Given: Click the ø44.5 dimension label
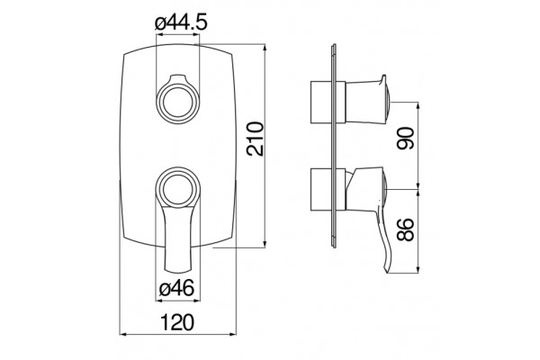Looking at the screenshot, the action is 181,23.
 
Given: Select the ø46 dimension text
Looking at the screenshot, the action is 176,288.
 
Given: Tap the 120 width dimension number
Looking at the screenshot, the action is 177,322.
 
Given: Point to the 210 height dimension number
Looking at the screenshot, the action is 256,139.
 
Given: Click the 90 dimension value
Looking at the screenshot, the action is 405,138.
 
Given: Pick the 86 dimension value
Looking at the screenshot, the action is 405,229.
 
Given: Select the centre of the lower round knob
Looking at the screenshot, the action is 177,188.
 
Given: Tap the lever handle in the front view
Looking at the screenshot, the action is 177,238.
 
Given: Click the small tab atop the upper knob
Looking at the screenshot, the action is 177,78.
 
